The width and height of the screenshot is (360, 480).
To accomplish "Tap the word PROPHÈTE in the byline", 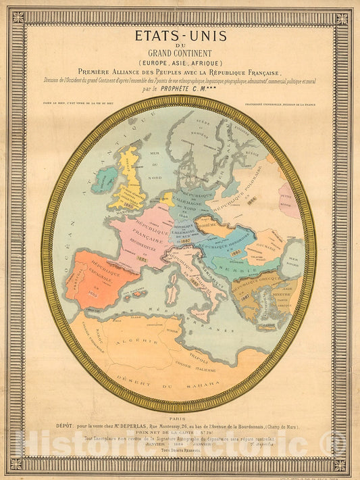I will coord(172,89).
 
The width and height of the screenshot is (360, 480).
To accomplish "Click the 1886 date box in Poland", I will coord(251,200).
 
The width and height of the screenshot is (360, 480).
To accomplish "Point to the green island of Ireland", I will coord(103,181).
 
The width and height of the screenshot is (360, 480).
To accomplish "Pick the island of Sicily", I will coord(197,313).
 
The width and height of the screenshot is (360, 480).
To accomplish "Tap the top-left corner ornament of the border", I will coord(18,18).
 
